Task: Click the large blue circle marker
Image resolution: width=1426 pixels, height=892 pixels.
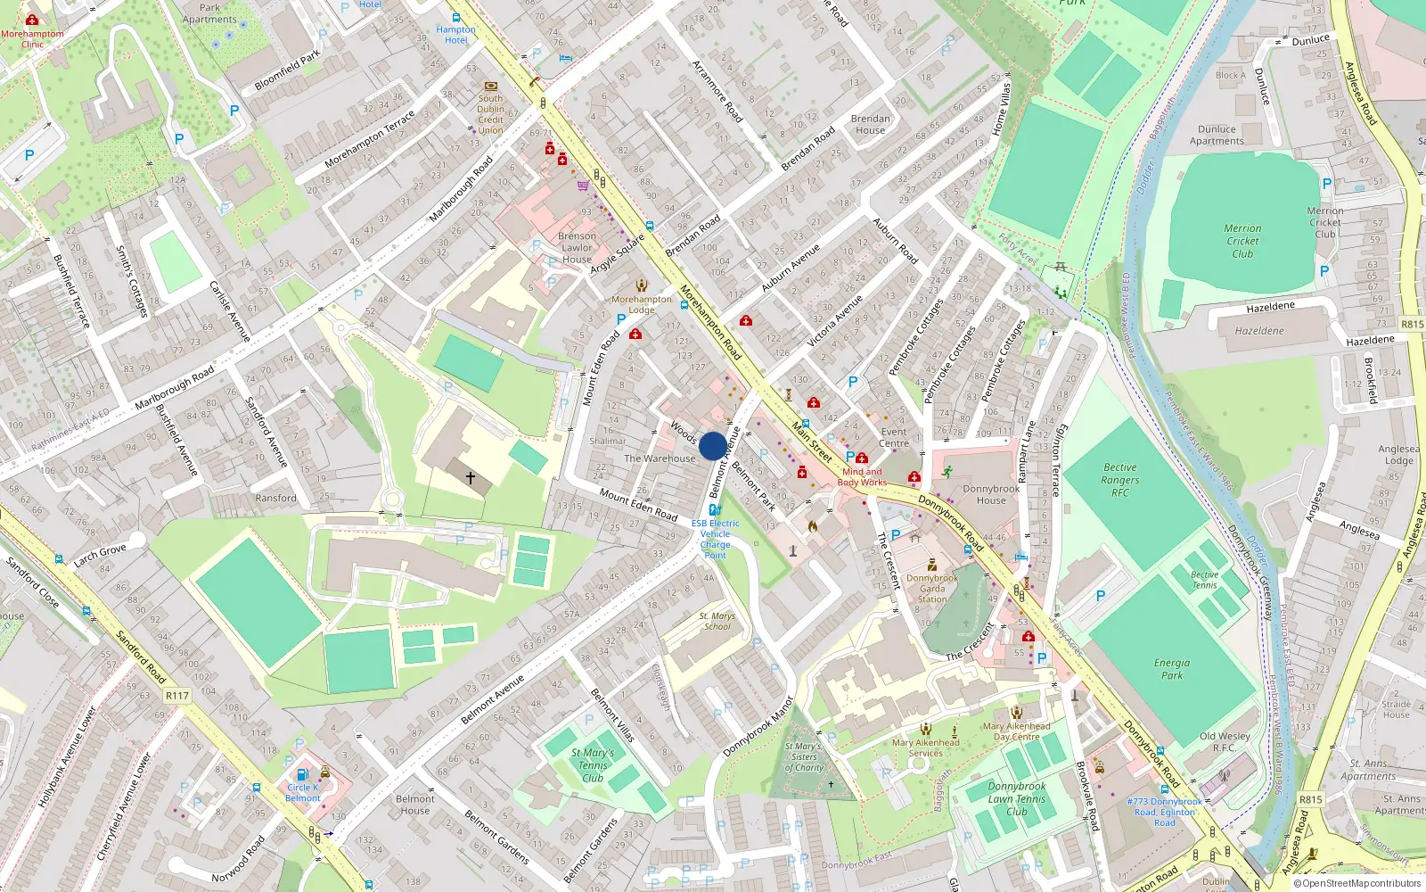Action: coord(713,446)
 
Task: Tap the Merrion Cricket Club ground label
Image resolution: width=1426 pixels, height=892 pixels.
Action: coord(1242,241)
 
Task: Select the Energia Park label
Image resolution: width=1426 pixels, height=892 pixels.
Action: coord(1171,669)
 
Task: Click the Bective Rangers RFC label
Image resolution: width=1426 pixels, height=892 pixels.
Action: coord(1119,480)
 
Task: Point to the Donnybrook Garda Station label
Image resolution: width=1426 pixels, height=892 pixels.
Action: coord(932,589)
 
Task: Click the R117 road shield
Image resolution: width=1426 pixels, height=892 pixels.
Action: coord(177,696)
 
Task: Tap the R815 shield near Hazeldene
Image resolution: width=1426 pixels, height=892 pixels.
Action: coord(1412,324)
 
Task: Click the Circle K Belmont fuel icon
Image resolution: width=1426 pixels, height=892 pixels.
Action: coord(302,774)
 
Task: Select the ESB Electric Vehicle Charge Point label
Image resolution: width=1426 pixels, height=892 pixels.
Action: coord(715,539)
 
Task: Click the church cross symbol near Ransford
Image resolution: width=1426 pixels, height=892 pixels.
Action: coord(471,478)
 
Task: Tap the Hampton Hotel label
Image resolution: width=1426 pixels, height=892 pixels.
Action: coord(455,35)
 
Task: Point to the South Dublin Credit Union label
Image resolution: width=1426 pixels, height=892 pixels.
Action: coord(490,114)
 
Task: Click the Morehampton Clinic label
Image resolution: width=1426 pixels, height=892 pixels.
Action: coord(32,39)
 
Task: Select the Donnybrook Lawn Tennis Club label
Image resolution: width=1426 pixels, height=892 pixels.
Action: coord(1017,799)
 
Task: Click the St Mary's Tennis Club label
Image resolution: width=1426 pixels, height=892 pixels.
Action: coord(593,765)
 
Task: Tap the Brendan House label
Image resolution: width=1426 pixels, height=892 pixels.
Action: coord(870,124)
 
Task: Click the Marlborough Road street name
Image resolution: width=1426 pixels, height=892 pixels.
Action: coord(175,387)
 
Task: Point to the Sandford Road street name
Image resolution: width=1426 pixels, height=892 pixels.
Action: coord(141,657)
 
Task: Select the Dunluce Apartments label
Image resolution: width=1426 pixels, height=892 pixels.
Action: coord(1217,135)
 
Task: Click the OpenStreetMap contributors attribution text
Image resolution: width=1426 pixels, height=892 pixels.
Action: coord(1356,884)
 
